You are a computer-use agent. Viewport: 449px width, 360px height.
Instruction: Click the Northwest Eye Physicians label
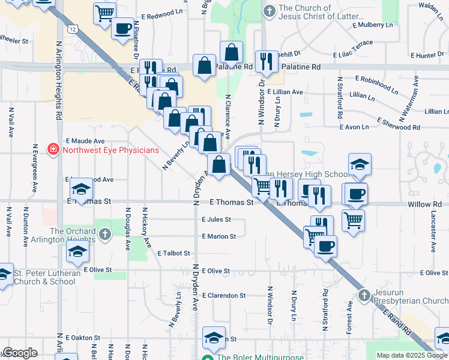(111, 151)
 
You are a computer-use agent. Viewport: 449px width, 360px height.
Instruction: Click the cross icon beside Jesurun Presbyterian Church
(364, 295)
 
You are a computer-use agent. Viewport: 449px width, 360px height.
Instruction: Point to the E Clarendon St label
(224, 296)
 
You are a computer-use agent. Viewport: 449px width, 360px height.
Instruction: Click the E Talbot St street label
(174, 254)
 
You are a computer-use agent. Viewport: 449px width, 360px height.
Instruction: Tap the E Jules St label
(216, 220)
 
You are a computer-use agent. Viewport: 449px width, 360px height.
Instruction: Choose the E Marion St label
(219, 236)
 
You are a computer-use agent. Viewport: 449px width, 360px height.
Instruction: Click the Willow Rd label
(428, 204)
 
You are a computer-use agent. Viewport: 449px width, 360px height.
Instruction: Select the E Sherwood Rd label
(399, 124)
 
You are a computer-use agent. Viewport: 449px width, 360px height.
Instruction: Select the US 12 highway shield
(73, 29)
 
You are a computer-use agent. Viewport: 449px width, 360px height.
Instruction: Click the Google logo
(20, 353)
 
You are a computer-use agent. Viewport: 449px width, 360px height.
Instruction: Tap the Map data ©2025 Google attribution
(412, 355)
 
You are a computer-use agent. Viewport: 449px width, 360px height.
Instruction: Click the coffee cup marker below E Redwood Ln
(122, 29)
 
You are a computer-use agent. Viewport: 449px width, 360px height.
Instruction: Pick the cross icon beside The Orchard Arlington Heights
(105, 235)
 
